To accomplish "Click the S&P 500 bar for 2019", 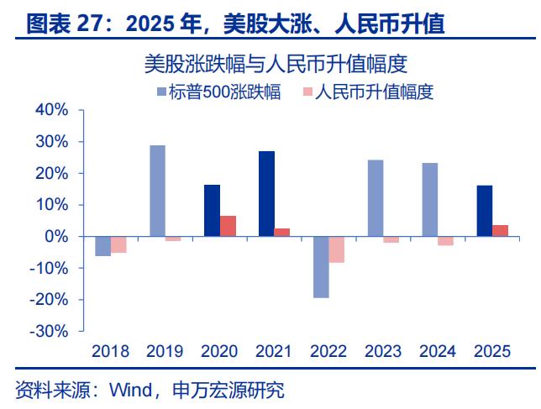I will click(157, 191).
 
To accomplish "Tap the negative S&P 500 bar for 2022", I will click(320, 267).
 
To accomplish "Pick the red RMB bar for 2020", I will click(228, 226).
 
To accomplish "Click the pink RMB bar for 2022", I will click(336, 249).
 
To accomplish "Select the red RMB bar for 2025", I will click(500, 231).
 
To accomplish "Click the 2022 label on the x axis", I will click(328, 351).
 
